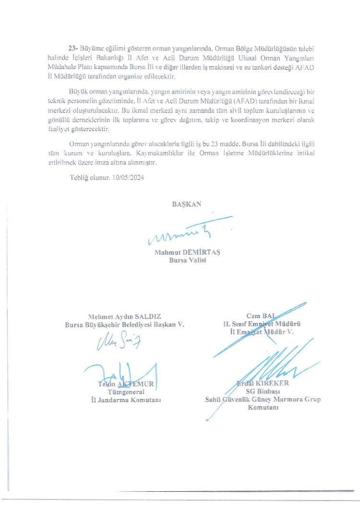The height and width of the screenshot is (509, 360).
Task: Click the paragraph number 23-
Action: click(74, 49)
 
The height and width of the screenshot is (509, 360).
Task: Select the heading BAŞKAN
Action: click(187, 204)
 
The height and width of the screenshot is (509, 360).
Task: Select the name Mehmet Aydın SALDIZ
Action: click(124, 317)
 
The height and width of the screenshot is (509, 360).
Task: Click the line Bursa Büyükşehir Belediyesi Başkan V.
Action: click(124, 325)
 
